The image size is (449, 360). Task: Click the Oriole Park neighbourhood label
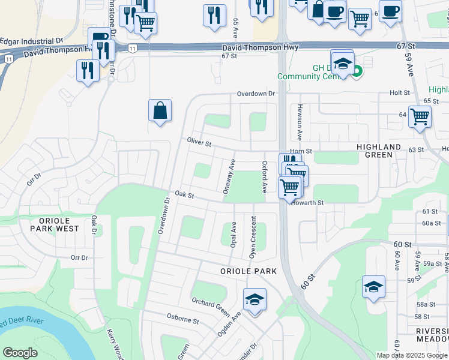(247, 271)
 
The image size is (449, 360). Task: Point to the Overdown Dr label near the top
(255, 94)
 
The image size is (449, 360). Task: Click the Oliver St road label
(199, 143)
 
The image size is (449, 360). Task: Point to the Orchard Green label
(211, 308)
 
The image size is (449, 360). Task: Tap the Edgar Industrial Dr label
(31, 41)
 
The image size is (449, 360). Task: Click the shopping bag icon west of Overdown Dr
(160, 111)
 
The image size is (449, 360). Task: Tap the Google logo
(20, 353)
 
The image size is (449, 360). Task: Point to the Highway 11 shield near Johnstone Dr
(132, 47)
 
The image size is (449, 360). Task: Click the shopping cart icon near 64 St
(420, 116)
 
